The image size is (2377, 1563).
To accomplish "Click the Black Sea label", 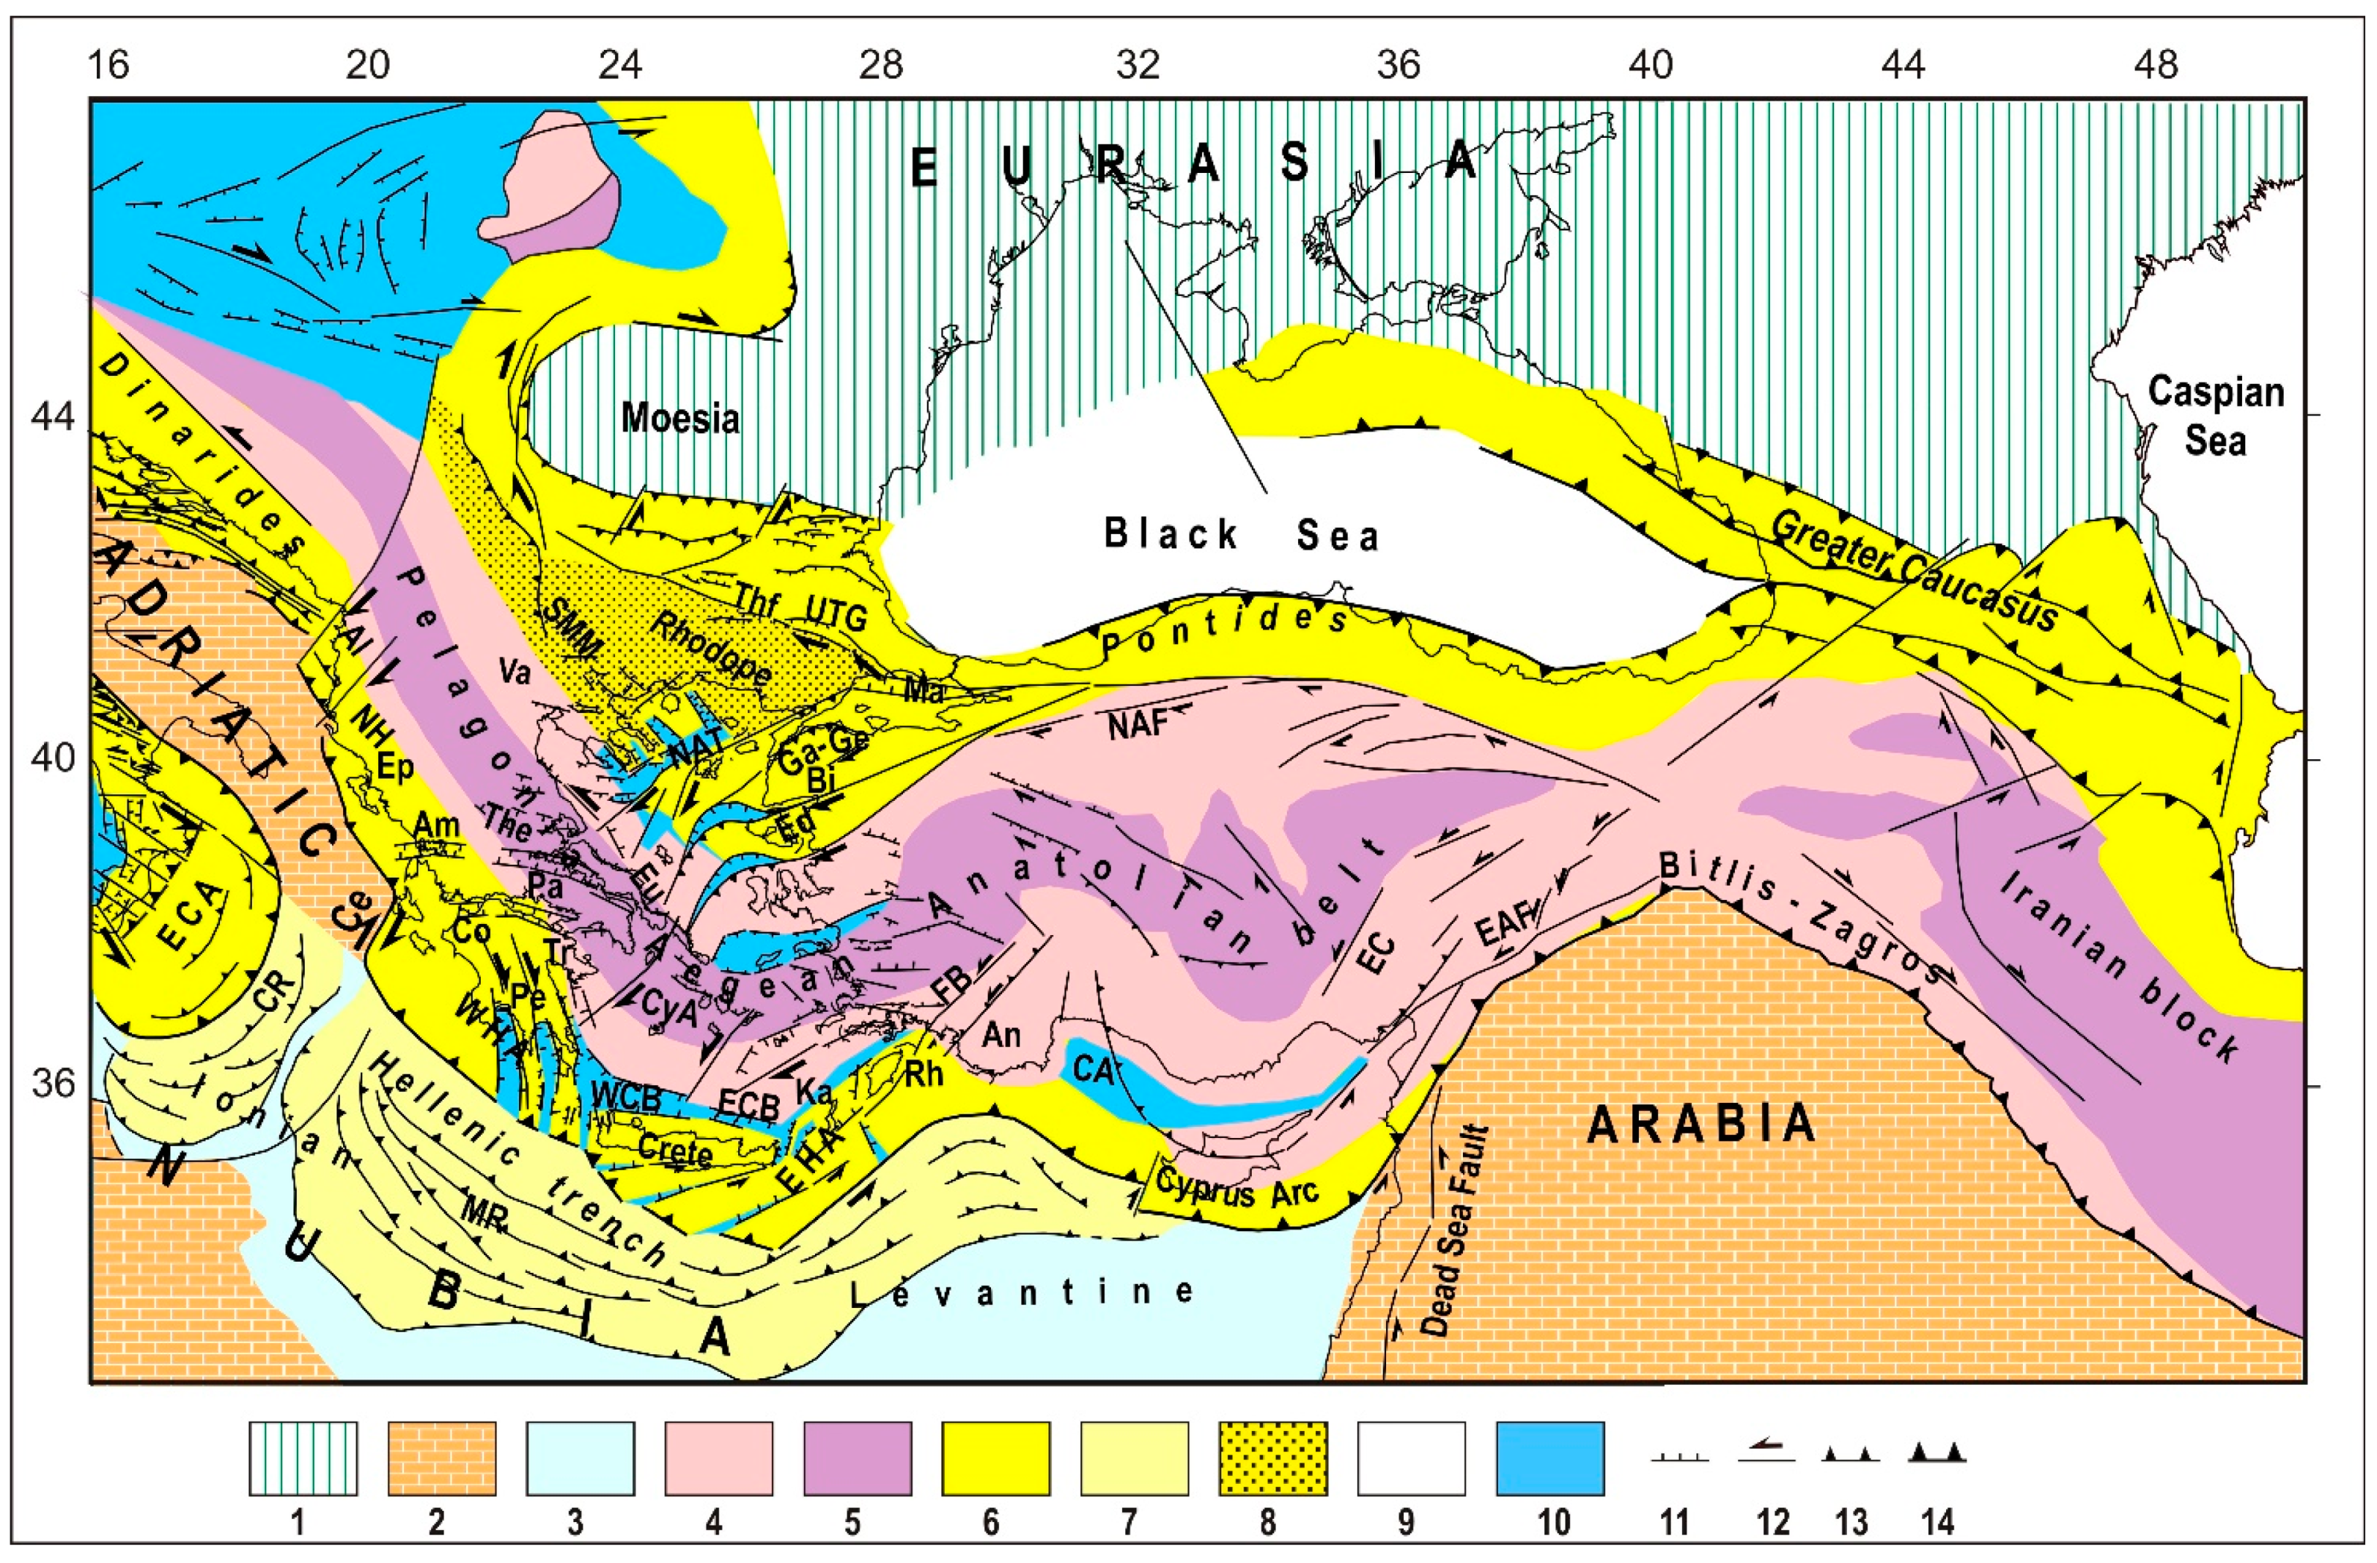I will coord(1242,536).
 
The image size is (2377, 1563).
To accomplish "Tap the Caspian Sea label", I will coord(2215,415).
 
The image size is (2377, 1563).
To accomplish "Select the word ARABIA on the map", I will coord(1702,1123).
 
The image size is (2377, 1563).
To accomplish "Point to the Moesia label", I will coord(680,418).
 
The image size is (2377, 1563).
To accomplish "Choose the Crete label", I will coord(675,1150).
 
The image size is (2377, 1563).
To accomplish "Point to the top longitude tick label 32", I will coord(1138,66).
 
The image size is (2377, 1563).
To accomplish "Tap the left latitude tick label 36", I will coord(53,1084).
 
